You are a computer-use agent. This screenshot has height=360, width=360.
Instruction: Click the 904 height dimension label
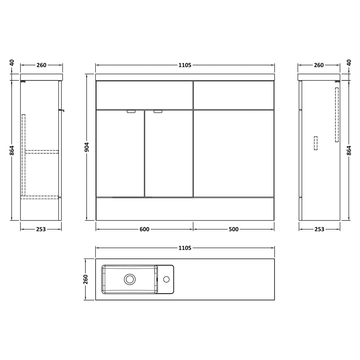click(x=87, y=147)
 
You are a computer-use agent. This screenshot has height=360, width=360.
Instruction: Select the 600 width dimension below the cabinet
click(x=144, y=229)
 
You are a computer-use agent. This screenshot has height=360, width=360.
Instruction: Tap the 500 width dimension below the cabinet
click(x=234, y=229)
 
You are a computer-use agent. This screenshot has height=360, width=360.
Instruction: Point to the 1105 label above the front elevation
click(x=185, y=65)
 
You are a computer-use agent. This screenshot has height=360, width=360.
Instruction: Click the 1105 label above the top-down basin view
click(x=185, y=248)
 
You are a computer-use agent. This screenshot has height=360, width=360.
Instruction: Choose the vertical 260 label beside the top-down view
click(x=86, y=279)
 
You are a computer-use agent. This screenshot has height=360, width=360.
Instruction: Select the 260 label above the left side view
click(x=42, y=65)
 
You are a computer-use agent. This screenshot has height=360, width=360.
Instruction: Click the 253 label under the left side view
click(x=41, y=229)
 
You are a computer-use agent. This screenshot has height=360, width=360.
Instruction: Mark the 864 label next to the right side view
click(x=349, y=150)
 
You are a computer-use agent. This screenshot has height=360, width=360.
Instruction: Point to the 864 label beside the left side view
click(x=12, y=150)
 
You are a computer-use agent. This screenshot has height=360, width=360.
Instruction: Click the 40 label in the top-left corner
click(x=12, y=63)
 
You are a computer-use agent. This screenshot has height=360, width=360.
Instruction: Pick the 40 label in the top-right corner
click(x=349, y=63)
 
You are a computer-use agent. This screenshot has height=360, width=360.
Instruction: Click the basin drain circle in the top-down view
click(x=130, y=279)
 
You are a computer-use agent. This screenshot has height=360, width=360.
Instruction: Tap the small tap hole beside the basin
click(x=166, y=279)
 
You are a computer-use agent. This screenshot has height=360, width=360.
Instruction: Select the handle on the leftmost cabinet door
click(x=131, y=112)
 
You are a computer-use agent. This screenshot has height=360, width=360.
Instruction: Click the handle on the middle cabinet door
click(x=158, y=112)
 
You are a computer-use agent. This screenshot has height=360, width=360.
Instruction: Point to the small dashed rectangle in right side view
click(x=316, y=143)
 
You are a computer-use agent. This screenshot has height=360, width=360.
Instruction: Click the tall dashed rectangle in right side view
click(x=337, y=114)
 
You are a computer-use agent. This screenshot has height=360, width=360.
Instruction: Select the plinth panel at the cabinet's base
click(x=185, y=209)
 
